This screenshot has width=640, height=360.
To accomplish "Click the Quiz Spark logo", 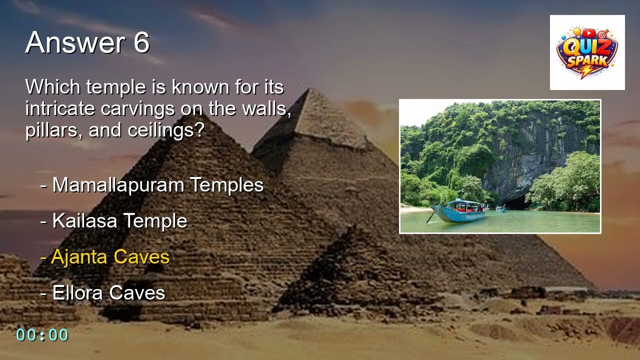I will pyautogui.click(x=587, y=52).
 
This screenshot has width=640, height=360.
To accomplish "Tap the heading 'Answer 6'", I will pyautogui.click(x=87, y=42).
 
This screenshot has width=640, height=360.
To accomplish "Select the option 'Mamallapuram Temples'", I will pyautogui.click(x=157, y=185).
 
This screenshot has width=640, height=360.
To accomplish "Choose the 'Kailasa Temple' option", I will pyautogui.click(x=119, y=221).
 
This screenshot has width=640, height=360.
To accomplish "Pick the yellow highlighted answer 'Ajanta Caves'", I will pyautogui.click(x=110, y=257).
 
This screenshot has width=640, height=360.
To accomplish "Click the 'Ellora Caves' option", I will pyautogui.click(x=108, y=293).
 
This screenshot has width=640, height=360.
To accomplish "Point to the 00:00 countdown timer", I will pyautogui.click(x=42, y=335).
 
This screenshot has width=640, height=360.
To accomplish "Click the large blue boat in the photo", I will pyautogui.click(x=459, y=211).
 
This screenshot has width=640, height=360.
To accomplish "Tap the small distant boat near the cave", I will pyautogui.click(x=500, y=209).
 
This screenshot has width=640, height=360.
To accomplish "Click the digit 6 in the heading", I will pyautogui.click(x=141, y=42).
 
